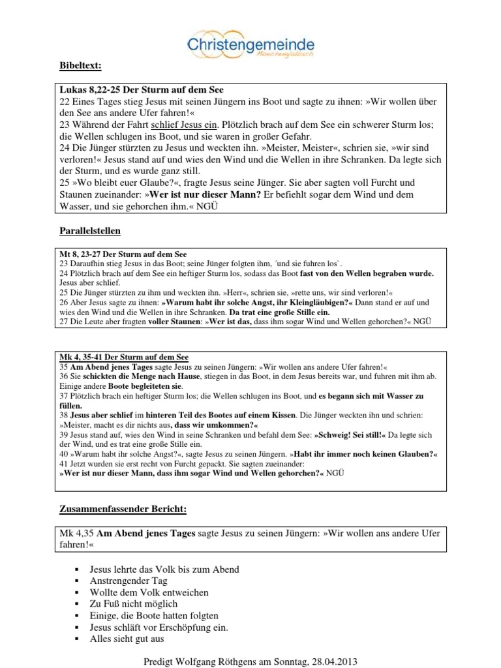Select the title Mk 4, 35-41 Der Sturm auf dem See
(123, 358)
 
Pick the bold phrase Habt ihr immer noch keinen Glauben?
(364, 454)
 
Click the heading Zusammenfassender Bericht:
(123, 508)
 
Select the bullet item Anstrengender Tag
(129, 581)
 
